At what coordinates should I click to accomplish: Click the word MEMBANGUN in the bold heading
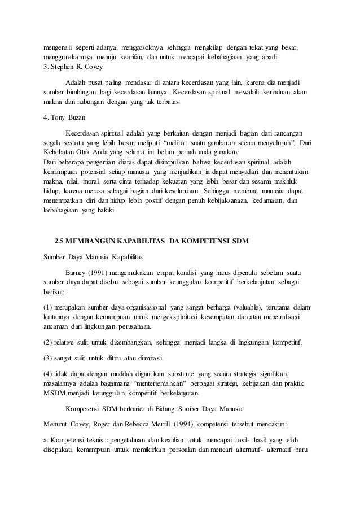tap(94, 242)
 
